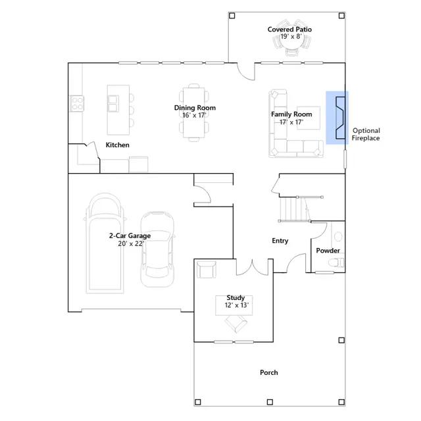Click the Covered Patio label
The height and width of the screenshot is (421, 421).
pyautogui.click(x=289, y=29)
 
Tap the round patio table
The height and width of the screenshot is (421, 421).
pyautogui.click(x=291, y=39)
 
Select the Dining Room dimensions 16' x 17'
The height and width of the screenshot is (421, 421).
pyautogui.click(x=194, y=115)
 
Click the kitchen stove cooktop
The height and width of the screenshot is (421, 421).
pyautogui.click(x=77, y=104)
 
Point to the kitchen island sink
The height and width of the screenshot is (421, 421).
pyautogui.click(x=113, y=103)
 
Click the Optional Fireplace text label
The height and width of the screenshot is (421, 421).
pyautogui.click(x=366, y=134)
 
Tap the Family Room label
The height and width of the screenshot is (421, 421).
pyautogui.click(x=291, y=114)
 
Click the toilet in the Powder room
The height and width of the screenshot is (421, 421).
pyautogui.click(x=336, y=262)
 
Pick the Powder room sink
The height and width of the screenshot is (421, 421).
pyautogui.click(x=338, y=237)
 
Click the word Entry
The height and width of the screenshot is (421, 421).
pyautogui.click(x=280, y=241)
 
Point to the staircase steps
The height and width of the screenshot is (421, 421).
pyautogui.click(x=295, y=209)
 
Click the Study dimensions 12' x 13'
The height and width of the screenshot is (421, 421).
pyautogui.click(x=237, y=305)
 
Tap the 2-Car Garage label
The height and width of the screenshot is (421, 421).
pyautogui.click(x=130, y=235)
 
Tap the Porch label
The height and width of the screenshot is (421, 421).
pyautogui.click(x=269, y=372)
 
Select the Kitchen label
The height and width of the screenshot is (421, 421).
pyautogui.click(x=117, y=145)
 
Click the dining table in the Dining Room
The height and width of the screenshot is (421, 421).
pyautogui.click(x=194, y=112)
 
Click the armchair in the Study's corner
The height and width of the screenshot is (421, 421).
pyautogui.click(x=206, y=270)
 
